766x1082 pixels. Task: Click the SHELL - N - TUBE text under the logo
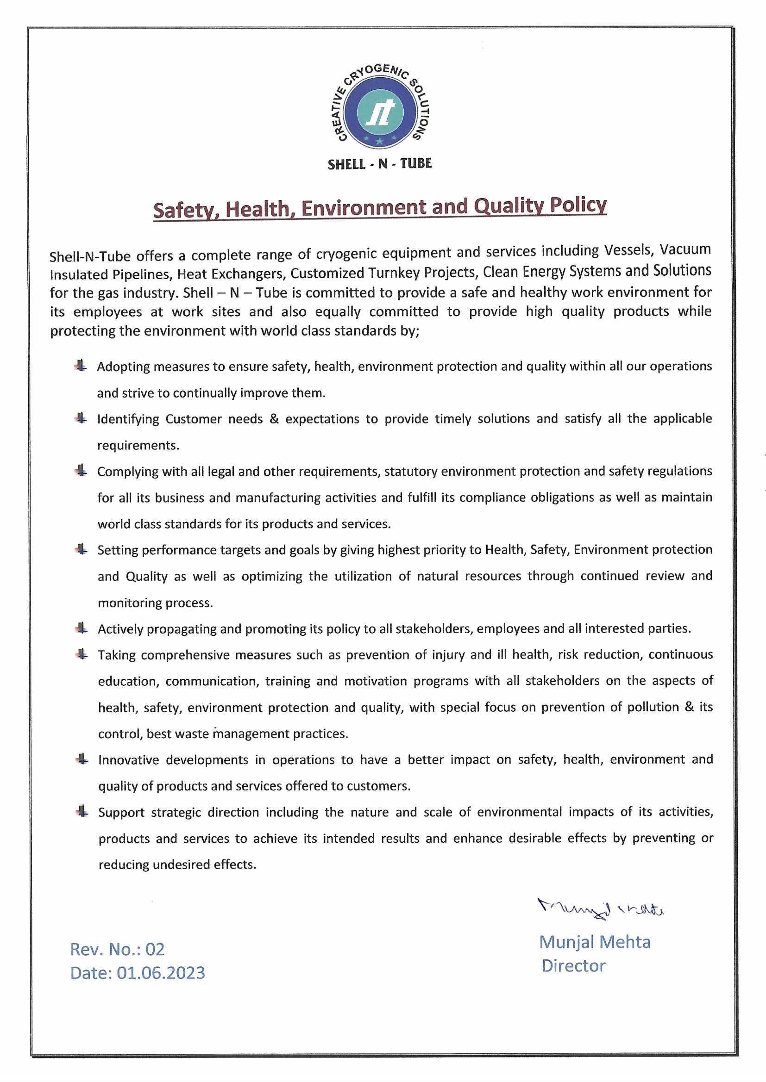click(x=380, y=164)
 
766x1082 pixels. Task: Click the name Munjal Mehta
click(x=594, y=942)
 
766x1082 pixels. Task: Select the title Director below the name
click(x=573, y=965)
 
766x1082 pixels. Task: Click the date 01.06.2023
click(x=161, y=973)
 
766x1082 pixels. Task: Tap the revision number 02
click(x=155, y=949)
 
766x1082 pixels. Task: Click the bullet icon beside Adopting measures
click(x=81, y=366)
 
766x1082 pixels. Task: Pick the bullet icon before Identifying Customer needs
click(x=81, y=418)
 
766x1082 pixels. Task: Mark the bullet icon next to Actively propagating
click(x=82, y=628)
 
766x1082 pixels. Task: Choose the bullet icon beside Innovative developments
click(x=82, y=759)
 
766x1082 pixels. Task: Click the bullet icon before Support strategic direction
click(x=82, y=812)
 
